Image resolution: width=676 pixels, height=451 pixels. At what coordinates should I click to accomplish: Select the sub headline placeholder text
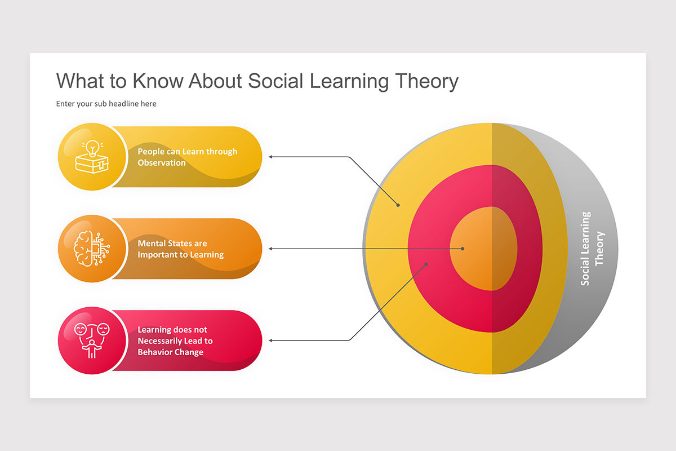tap(106, 104)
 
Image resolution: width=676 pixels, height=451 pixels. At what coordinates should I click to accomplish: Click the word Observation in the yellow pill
tap(162, 163)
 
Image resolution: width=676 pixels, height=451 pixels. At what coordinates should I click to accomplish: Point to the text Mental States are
tap(172, 244)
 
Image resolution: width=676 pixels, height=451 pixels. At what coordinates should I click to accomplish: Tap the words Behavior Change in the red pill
tap(170, 352)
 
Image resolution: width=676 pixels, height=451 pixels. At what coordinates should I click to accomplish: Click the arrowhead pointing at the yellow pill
tap(270, 157)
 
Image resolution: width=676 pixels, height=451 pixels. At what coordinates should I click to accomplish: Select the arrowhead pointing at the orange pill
tap(270, 249)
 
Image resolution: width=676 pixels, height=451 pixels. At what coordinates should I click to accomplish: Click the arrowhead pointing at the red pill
tap(270, 341)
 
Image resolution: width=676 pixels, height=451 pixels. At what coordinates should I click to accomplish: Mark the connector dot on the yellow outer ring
tap(398, 205)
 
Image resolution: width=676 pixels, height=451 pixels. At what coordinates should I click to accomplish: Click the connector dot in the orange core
tap(462, 249)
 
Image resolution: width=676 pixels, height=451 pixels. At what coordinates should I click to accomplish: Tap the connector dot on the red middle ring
tap(426, 263)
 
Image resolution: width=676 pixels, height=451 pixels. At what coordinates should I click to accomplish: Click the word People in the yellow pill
tap(150, 152)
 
